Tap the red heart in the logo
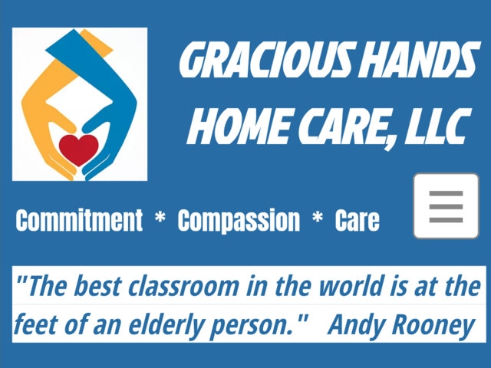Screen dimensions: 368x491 point(79,149)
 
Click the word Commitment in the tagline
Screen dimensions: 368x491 point(79,222)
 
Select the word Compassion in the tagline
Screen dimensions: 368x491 point(239,222)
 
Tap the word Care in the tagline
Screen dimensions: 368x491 point(357,222)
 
